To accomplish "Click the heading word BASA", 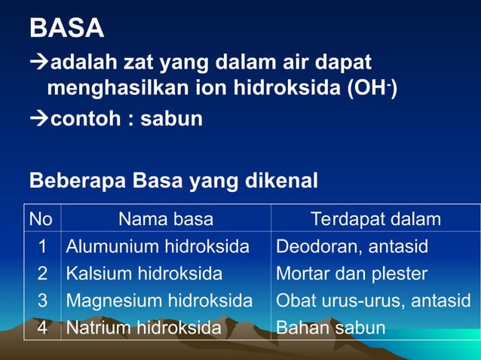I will (66, 28).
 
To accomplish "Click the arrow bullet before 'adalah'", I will (38, 63).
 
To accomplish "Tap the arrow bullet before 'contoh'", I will (38, 119).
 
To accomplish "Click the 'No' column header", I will (41, 219).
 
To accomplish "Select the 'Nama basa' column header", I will (166, 219).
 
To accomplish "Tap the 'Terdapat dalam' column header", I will (375, 219).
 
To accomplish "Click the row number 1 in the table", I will (43, 246).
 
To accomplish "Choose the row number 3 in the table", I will (43, 301).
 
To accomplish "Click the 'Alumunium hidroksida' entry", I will (158, 246).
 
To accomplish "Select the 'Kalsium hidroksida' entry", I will (144, 273).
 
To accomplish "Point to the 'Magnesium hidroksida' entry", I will (159, 301).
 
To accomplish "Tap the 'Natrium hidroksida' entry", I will (143, 328).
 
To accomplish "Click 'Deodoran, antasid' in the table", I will (352, 246).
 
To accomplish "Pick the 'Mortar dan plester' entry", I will (351, 273).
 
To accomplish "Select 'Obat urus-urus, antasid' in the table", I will (373, 301).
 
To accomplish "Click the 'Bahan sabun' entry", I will (330, 328).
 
